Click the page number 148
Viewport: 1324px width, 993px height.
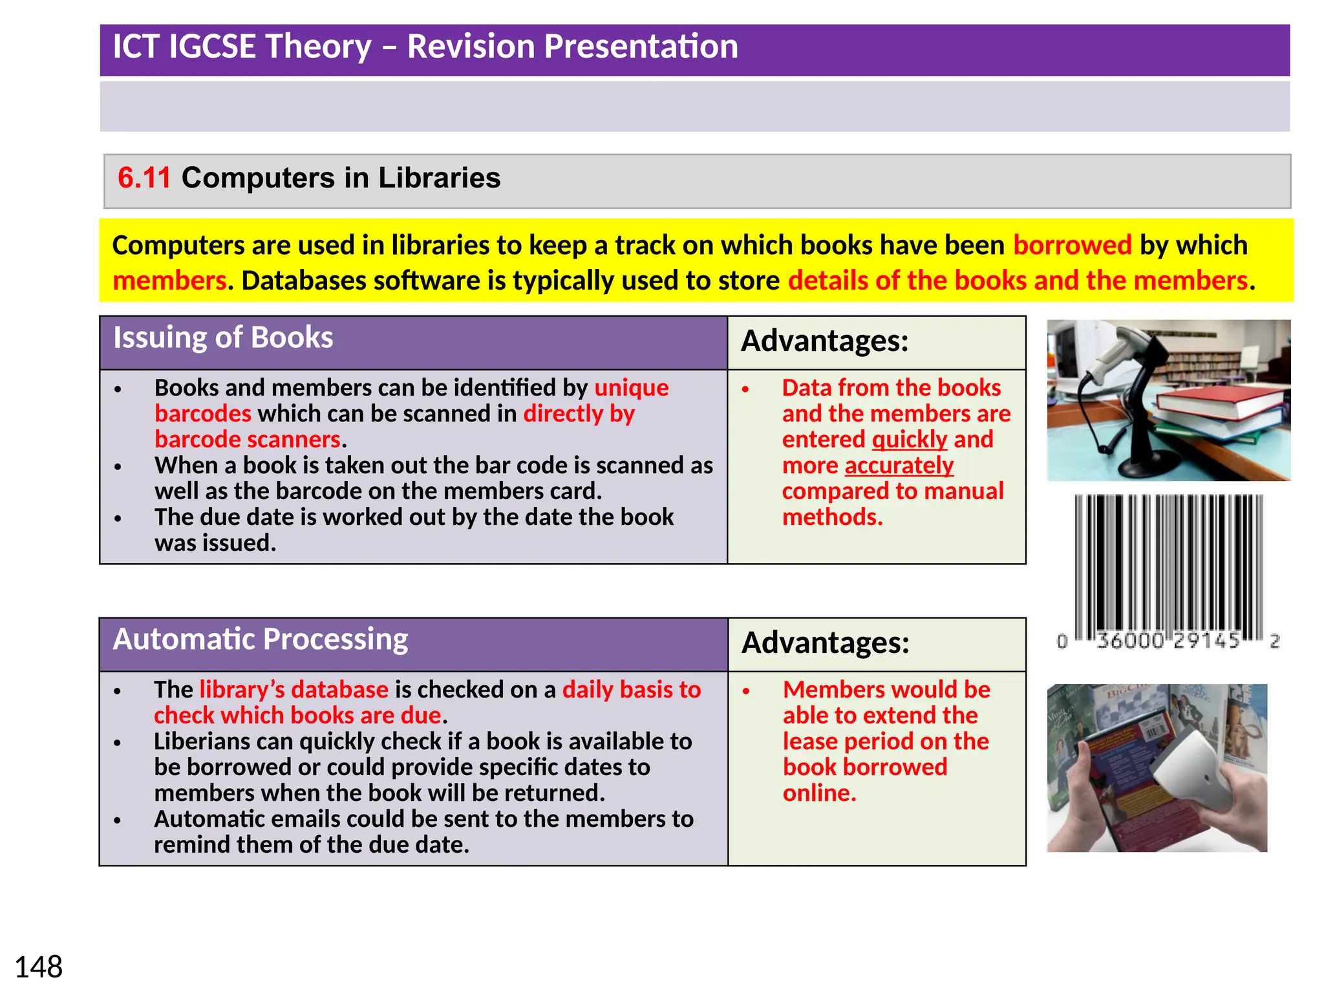tap(38, 967)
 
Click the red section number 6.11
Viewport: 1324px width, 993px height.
tap(144, 178)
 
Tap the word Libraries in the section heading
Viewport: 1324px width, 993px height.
tap(439, 178)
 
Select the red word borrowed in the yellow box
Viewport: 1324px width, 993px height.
tap(1072, 246)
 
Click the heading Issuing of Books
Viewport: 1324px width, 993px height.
tap(223, 338)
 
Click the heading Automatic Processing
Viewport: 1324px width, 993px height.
tap(260, 639)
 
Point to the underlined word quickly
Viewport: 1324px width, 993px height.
tap(909, 440)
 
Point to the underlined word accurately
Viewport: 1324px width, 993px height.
tap(899, 465)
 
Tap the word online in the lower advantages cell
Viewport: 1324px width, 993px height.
tap(818, 793)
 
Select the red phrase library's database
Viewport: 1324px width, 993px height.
tap(294, 690)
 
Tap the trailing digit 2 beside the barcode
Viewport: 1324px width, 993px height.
tap(1274, 641)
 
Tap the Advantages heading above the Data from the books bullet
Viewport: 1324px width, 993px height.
tap(824, 341)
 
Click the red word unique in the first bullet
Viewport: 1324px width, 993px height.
tap(631, 388)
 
